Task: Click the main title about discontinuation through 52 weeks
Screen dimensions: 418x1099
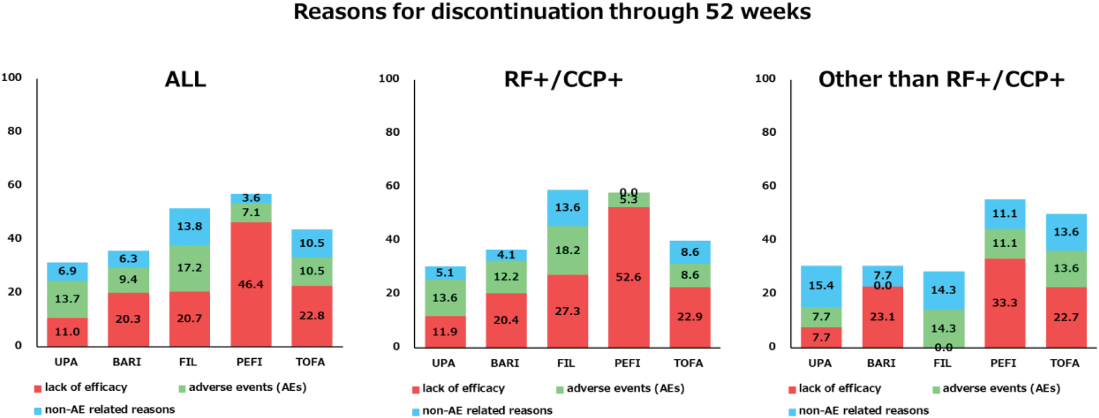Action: [552, 12]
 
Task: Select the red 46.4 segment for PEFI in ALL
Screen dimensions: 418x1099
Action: [251, 283]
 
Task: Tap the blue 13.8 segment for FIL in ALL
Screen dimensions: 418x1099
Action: [189, 226]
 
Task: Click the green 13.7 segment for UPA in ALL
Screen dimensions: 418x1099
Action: [67, 299]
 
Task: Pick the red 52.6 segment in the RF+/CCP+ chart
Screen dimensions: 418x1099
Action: [628, 277]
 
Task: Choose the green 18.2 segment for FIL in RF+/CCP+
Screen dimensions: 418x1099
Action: [568, 250]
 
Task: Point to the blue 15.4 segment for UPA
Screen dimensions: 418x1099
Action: [821, 286]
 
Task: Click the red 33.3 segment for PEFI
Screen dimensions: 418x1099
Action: [1005, 303]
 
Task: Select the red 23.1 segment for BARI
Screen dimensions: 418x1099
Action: [882, 317]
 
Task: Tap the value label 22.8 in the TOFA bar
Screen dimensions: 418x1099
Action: [312, 315]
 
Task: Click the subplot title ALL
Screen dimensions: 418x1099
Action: [185, 79]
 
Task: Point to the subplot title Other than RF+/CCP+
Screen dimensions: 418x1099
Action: [941, 79]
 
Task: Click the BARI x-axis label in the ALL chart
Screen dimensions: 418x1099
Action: [127, 362]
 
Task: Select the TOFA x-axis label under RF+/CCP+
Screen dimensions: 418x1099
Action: [688, 363]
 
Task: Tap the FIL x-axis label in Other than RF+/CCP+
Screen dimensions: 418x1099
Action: [942, 363]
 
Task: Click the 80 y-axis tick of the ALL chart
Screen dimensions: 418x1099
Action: [15, 131]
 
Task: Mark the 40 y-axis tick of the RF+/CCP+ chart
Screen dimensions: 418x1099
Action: [392, 239]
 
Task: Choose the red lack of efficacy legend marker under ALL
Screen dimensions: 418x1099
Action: [38, 388]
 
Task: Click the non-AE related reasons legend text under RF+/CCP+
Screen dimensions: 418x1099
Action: [487, 411]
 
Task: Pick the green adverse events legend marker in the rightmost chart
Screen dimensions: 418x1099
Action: [936, 389]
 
